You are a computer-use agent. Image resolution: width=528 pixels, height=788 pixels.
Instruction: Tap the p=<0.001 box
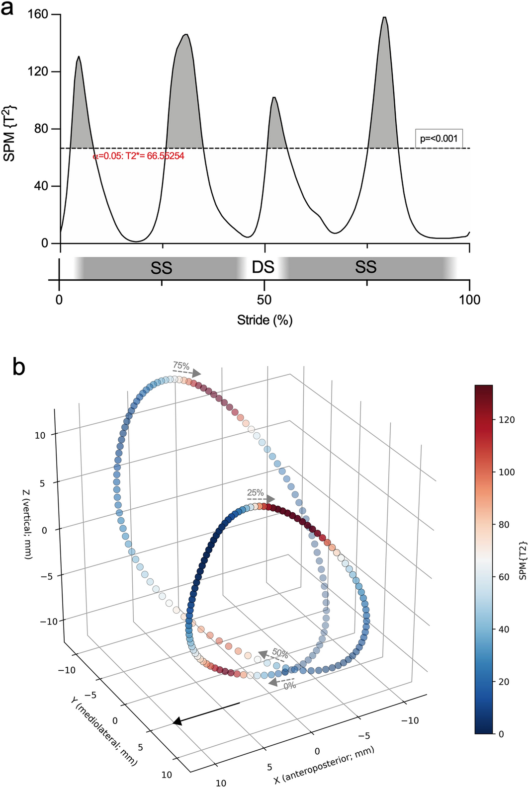coord(439,138)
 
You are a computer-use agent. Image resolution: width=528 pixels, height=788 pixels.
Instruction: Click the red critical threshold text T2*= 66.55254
coord(139,156)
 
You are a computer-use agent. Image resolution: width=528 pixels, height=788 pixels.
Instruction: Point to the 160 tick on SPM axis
coord(38,14)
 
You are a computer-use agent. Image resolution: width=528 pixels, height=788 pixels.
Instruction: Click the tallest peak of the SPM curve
coord(384,18)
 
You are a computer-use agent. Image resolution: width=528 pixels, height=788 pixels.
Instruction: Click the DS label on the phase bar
coord(263,267)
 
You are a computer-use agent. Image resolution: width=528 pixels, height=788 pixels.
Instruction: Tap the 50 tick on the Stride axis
coord(264,300)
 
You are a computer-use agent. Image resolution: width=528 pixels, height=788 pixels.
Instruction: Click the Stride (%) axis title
coord(264,320)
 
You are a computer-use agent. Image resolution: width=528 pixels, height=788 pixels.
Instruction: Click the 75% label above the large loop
coord(181,366)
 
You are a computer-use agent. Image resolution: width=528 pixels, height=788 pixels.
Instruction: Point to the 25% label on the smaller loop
coord(255,492)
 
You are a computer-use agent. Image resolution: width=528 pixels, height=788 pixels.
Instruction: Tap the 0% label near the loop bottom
coord(289,685)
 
